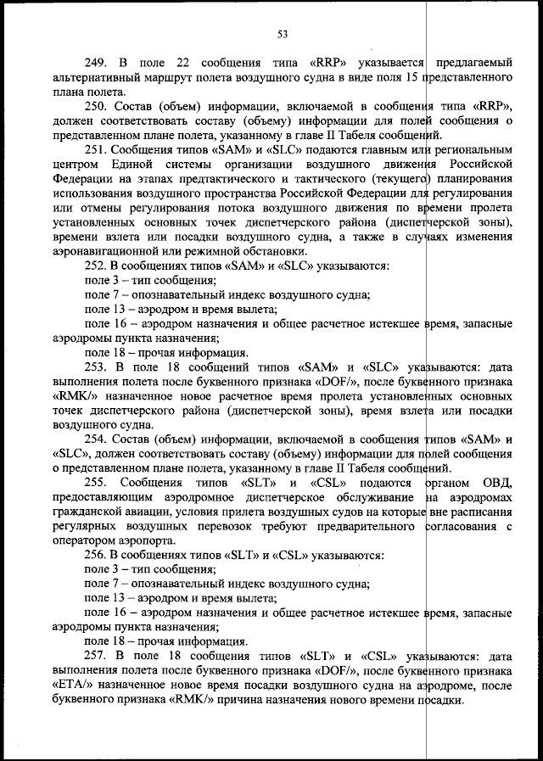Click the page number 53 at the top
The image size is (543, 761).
[283, 34]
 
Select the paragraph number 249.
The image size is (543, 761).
[97, 63]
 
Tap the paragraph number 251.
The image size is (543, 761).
[97, 148]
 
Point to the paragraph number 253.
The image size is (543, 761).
[97, 367]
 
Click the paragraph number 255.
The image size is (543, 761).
[97, 482]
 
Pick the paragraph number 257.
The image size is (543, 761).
[97, 656]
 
